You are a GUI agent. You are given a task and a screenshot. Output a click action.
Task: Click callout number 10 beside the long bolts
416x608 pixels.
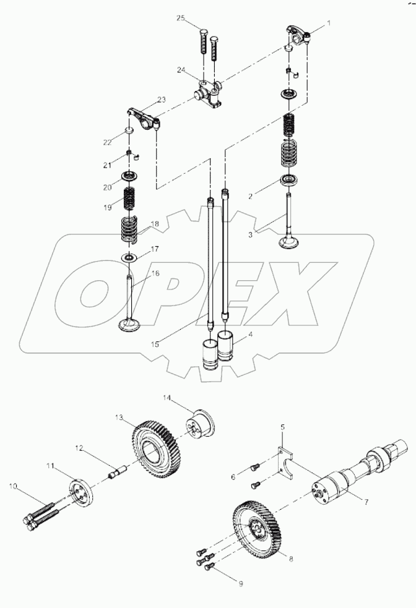point(12,486)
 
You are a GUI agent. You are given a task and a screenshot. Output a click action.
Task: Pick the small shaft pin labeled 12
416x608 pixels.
point(117,476)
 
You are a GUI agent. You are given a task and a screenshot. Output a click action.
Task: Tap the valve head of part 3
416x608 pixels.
point(288,242)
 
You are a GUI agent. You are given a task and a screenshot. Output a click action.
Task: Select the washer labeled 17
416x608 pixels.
point(129,257)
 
